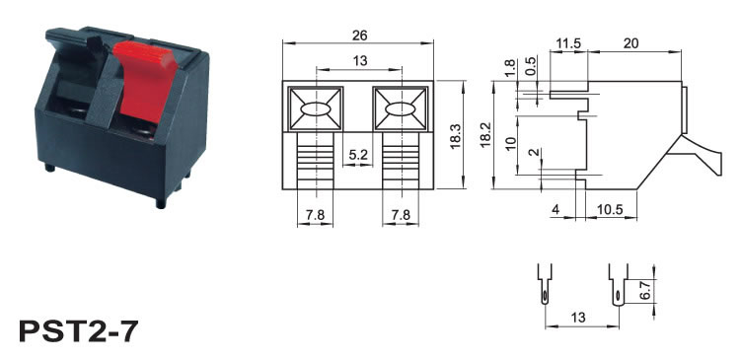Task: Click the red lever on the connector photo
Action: tap(144, 78)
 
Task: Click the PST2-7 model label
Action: tap(79, 331)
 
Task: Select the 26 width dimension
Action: tap(359, 36)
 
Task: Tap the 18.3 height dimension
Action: tap(456, 136)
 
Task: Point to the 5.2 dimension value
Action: tap(358, 155)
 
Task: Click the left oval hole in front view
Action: tap(316, 109)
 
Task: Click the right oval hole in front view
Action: tap(401, 109)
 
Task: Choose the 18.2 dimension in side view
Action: tap(485, 135)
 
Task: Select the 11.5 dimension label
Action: tap(567, 43)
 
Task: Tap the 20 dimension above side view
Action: tap(630, 43)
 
